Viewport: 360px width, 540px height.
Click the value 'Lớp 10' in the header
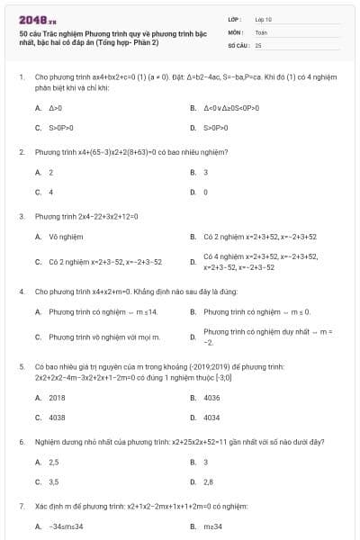pos(264,18)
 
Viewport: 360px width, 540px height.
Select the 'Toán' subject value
pos(261,31)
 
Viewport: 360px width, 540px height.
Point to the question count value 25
pos(258,44)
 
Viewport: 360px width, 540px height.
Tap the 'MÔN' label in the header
pos(235,31)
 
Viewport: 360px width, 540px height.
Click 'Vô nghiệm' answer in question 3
pos(66,237)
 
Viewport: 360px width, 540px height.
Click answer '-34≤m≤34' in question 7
pos(66,526)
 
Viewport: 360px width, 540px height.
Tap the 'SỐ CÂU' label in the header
pos(238,44)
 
